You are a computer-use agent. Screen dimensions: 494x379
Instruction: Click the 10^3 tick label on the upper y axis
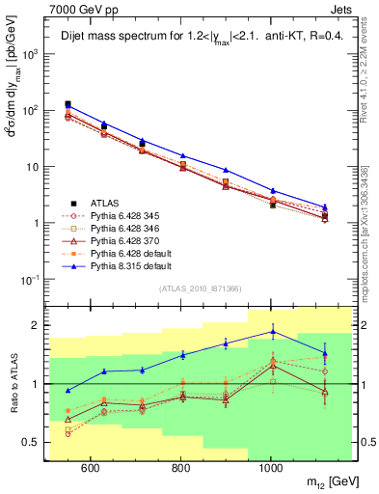click(29, 54)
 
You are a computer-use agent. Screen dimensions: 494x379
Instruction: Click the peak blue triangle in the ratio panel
click(273, 332)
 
